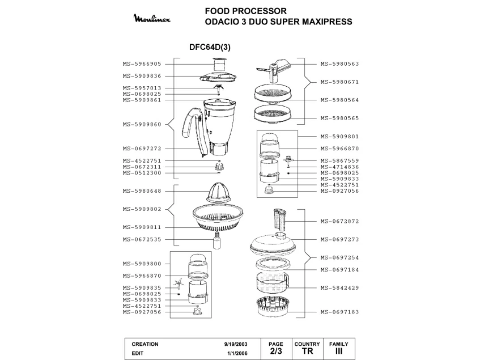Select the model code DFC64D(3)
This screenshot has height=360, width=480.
(209, 48)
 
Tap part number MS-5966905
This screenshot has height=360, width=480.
(142, 64)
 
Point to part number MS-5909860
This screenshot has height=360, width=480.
(142, 124)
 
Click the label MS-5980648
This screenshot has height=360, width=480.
(142, 191)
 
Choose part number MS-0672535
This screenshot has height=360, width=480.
(142, 240)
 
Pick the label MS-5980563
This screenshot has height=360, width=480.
(339, 64)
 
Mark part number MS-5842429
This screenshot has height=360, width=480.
(339, 288)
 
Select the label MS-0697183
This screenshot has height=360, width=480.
(339, 312)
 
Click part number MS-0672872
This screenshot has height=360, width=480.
(339, 221)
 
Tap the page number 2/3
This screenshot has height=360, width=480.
(275, 351)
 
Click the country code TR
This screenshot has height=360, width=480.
(307, 351)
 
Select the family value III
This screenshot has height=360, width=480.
(338, 351)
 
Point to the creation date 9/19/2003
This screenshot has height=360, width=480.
(235, 344)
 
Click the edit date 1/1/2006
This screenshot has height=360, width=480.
(237, 352)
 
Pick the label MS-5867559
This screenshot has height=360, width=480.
(339, 160)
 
